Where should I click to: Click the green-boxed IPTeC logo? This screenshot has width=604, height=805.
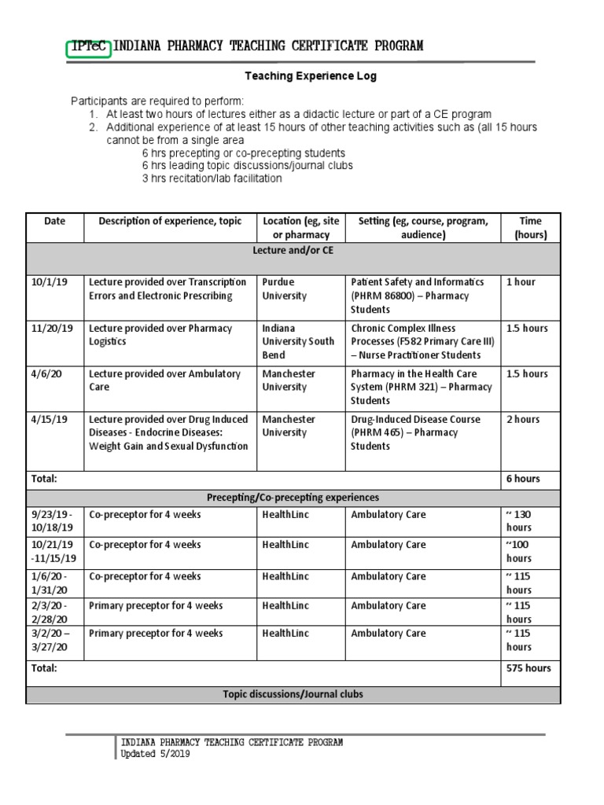(89, 47)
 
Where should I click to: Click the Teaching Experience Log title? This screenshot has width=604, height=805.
(311, 76)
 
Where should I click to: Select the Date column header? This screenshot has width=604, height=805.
(55, 221)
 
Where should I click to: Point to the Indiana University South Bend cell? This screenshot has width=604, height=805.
(298, 341)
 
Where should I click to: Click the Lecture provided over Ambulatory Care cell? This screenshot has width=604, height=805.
(167, 380)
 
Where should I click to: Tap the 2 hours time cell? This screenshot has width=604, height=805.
(523, 420)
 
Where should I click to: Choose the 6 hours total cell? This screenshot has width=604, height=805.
(523, 479)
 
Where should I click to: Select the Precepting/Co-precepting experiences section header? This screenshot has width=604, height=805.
(293, 498)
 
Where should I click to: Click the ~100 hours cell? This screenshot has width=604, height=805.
(520, 552)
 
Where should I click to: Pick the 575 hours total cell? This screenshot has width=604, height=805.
(528, 668)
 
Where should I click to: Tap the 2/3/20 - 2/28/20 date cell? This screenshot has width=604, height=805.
(50, 612)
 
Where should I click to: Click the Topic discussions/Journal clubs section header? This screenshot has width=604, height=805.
(293, 695)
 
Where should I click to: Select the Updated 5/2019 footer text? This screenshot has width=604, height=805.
(155, 755)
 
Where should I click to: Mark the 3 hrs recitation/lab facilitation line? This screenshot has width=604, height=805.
(212, 178)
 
